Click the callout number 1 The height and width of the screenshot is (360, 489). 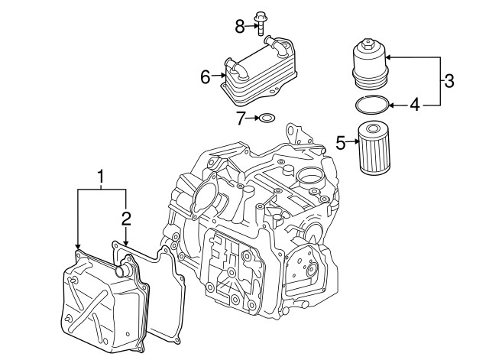pos(100,179)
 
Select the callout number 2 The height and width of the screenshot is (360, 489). pos(126,219)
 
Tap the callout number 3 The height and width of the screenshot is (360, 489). pos(449,79)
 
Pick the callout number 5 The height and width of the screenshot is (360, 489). pos(342,141)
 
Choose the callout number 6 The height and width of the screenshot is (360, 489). pos(205,76)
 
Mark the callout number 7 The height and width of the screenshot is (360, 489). pos(240,118)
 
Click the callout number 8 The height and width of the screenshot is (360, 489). pos(238,27)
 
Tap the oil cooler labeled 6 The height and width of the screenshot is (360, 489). pos(256,72)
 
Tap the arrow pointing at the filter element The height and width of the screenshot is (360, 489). pos(352,141)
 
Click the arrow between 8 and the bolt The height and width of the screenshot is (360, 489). pos(250,27)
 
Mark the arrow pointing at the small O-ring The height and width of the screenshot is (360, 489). pos(251,118)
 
